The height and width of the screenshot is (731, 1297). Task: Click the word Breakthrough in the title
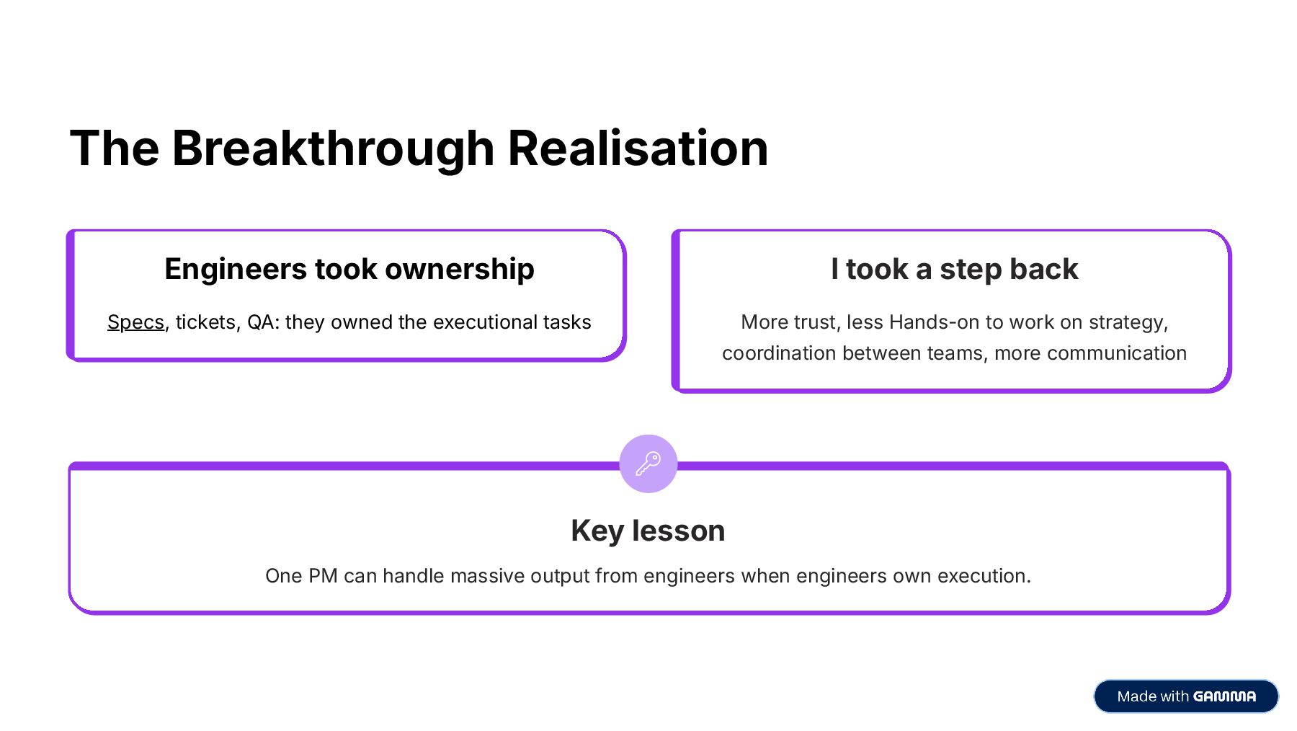tap(333, 149)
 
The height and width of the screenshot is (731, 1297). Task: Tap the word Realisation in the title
tap(638, 149)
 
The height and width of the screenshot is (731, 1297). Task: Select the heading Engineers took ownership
tap(349, 270)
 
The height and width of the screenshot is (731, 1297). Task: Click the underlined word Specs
tap(135, 322)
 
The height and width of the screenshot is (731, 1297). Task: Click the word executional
tap(494, 322)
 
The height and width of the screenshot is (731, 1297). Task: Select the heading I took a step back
tap(954, 270)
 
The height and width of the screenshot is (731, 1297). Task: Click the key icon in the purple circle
tap(648, 464)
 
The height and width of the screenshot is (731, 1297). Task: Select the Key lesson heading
tap(648, 531)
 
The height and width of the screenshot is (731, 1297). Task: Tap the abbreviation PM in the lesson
tap(323, 576)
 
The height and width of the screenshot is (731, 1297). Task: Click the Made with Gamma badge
tap(1185, 696)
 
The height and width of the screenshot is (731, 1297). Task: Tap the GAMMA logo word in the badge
tap(1224, 696)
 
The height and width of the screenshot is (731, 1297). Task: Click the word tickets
tap(205, 322)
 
